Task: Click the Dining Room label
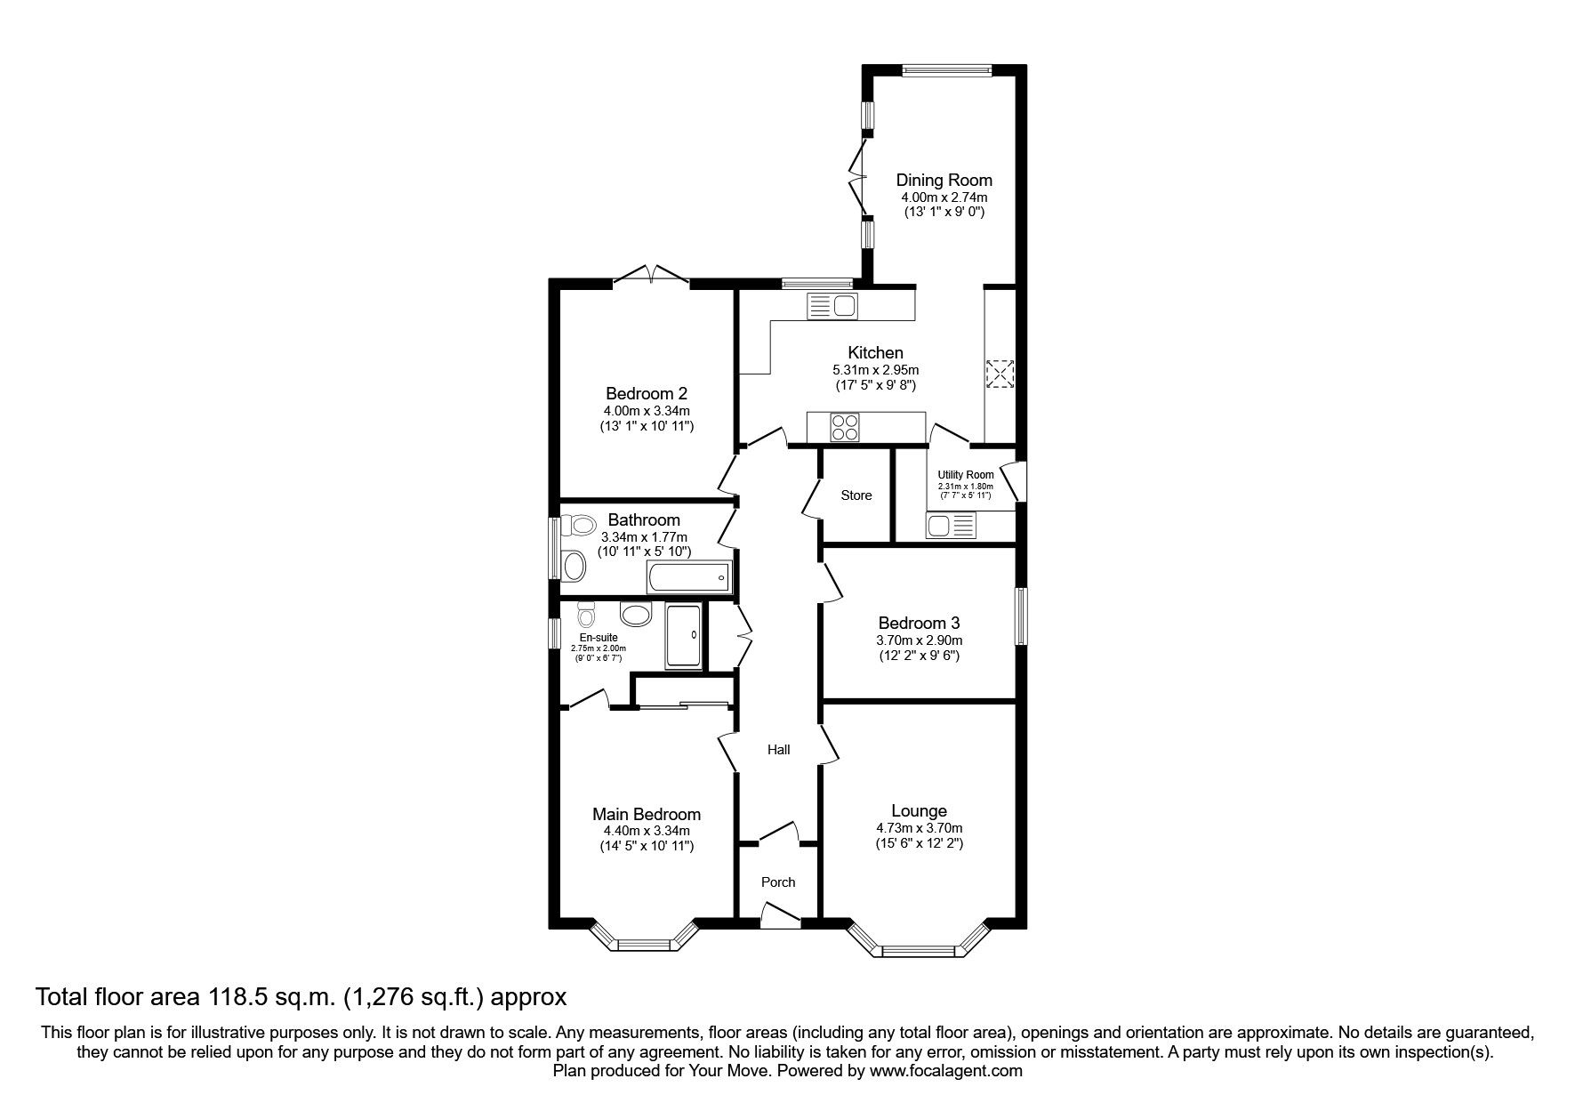pyautogui.click(x=944, y=180)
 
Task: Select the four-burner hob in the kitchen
pyautogui.click(x=844, y=428)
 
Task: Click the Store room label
pyautogui.click(x=856, y=495)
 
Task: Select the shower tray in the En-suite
pyautogui.click(x=683, y=637)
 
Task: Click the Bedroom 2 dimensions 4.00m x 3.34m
pyautogui.click(x=647, y=411)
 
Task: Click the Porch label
pyautogui.click(x=778, y=882)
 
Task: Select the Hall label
pyautogui.click(x=778, y=750)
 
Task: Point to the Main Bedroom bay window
pyautogui.click(x=644, y=942)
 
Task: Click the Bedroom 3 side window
pyautogui.click(x=1022, y=616)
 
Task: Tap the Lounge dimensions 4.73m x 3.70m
pyautogui.click(x=919, y=827)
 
